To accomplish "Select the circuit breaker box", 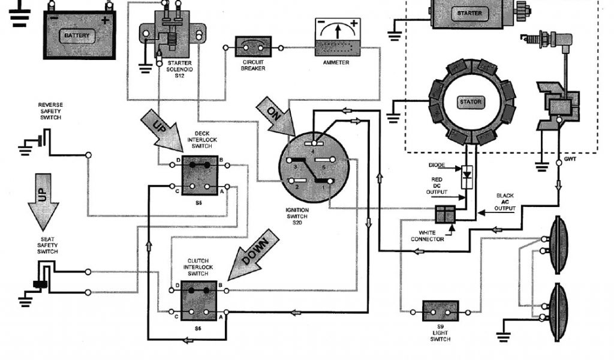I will (254, 46).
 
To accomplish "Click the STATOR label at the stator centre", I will (471, 102).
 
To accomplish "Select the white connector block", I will (445, 214).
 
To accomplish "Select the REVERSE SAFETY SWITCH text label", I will (50, 111).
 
